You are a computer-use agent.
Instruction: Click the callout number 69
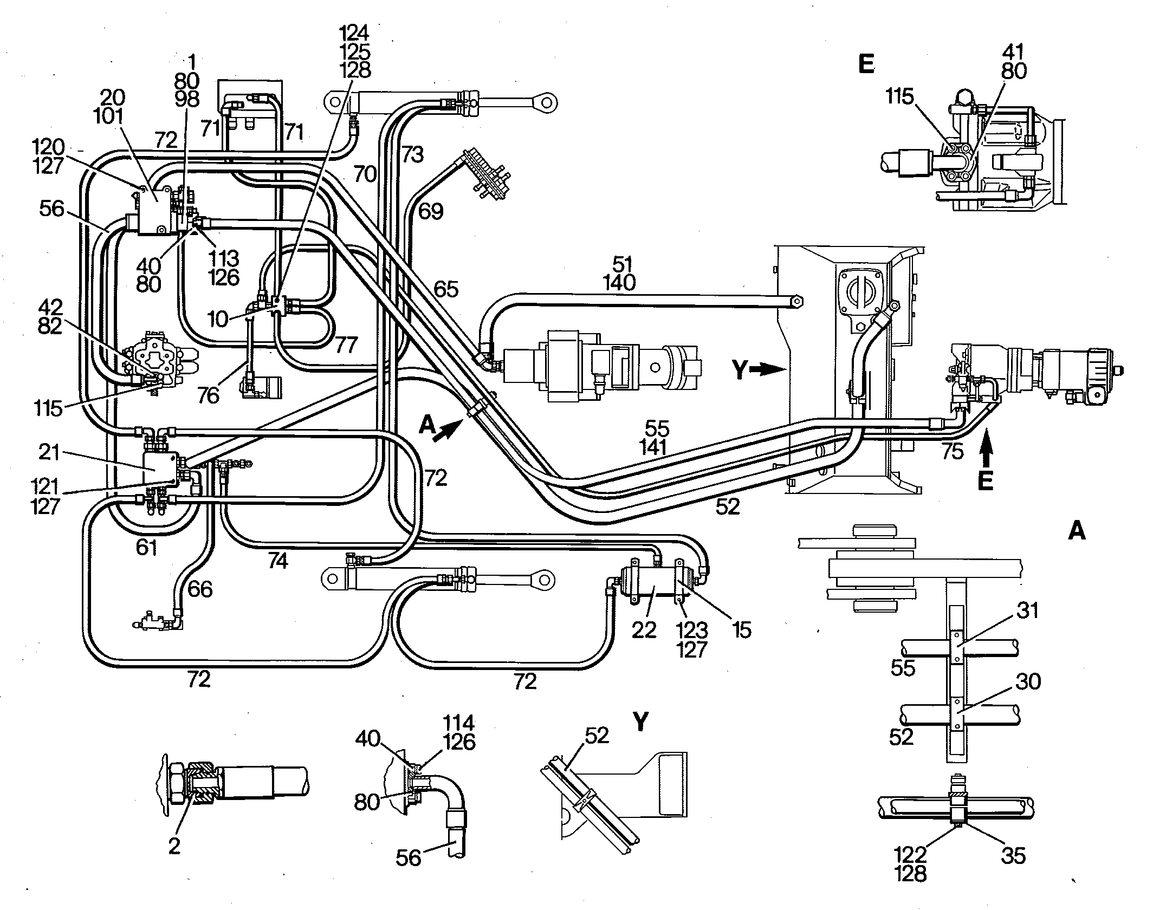[x=431, y=211]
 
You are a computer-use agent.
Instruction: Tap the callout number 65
[x=446, y=289]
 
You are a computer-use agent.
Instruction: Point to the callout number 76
[x=208, y=395]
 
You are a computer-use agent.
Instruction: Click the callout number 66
[x=200, y=589]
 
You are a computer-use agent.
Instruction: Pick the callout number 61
[x=146, y=548]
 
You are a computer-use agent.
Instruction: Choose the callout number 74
[x=277, y=561]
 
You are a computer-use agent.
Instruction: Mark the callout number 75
[x=953, y=451]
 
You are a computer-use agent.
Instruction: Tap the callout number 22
[x=644, y=630]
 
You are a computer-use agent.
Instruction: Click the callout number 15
[x=741, y=630]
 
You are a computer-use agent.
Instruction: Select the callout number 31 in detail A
[x=1027, y=610]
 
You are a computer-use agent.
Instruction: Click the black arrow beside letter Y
[x=768, y=369]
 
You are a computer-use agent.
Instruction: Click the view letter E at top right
[x=866, y=64]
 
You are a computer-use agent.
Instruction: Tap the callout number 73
[x=412, y=155]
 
